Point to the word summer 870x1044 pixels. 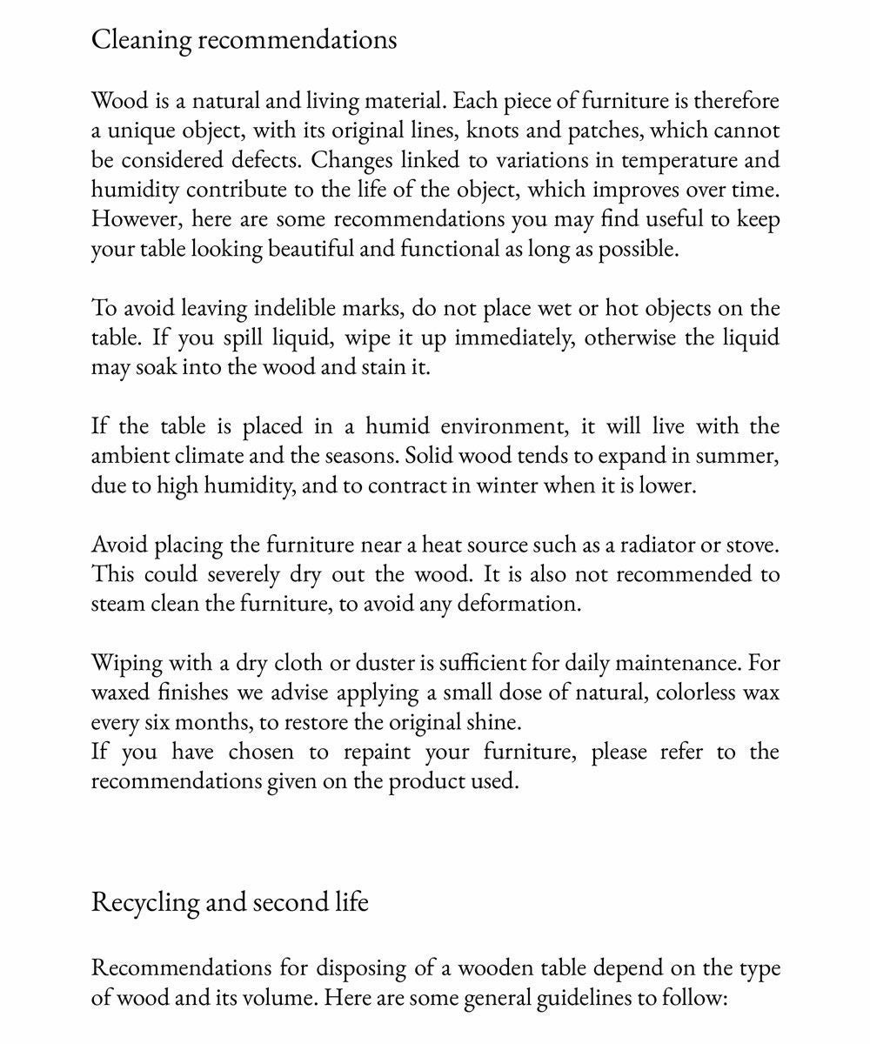tap(744, 456)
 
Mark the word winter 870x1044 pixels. tap(505, 485)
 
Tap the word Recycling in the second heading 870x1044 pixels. tap(145, 901)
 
